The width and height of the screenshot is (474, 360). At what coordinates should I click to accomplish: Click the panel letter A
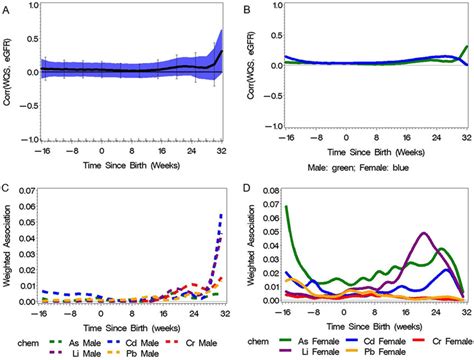(6, 7)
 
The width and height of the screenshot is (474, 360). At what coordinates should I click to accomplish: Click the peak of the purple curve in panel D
(424, 234)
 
